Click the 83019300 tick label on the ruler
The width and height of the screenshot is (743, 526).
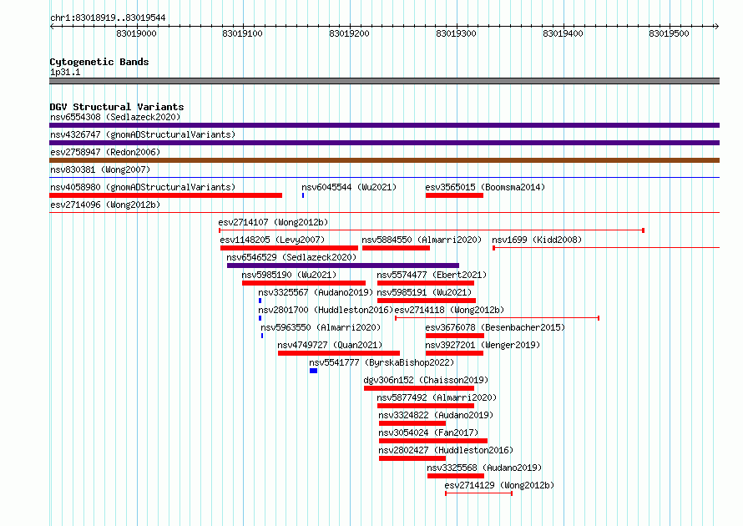(456, 33)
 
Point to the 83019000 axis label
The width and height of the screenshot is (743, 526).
(136, 33)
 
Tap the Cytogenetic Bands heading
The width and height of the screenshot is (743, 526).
(99, 62)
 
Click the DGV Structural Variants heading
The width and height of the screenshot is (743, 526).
(117, 107)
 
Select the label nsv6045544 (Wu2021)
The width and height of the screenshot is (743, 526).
(349, 187)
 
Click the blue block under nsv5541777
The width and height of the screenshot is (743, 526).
(313, 371)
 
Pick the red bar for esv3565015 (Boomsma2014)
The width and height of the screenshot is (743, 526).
(454, 195)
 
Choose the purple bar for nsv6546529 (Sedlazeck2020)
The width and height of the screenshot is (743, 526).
(343, 266)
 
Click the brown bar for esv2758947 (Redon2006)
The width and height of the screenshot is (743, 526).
(384, 160)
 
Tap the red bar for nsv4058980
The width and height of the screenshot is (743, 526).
(166, 195)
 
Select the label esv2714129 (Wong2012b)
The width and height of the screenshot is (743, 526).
(499, 485)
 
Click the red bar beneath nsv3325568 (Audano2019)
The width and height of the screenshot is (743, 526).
(456, 476)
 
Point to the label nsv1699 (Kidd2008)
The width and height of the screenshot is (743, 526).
(537, 240)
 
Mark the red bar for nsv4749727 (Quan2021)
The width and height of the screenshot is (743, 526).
(339, 353)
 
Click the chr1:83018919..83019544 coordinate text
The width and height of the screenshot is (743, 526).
(108, 18)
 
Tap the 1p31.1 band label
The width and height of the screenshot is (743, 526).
(65, 72)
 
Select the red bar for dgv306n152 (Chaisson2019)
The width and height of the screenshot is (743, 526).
(419, 388)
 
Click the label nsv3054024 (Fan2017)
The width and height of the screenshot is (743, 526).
(428, 432)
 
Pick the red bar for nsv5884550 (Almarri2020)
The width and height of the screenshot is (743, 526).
(397, 248)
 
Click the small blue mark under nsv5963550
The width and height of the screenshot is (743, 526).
(262, 336)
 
